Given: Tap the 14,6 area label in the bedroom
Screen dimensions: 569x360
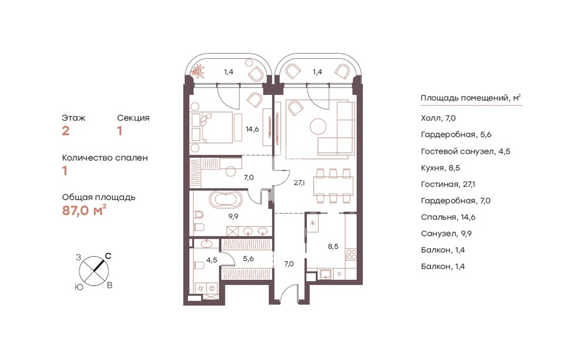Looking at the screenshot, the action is pyautogui.click(x=252, y=129).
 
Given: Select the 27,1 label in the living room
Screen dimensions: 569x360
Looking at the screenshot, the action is pyautogui.click(x=299, y=183).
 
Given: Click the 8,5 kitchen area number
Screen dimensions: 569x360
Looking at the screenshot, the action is pyautogui.click(x=333, y=246).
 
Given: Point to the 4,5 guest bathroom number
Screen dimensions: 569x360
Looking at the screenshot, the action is pyautogui.click(x=212, y=260).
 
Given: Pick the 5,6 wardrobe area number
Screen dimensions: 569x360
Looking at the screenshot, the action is pyautogui.click(x=248, y=259).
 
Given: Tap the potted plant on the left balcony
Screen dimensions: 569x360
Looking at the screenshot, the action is pyautogui.click(x=198, y=71).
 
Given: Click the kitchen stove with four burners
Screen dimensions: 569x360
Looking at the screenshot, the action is pyautogui.click(x=351, y=254).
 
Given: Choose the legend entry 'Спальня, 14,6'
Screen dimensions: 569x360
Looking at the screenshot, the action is pyautogui.click(x=448, y=217).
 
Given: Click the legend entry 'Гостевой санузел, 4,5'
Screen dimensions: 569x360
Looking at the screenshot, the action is pyautogui.click(x=465, y=151).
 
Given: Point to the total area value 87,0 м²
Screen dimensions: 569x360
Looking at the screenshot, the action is pyautogui.click(x=84, y=210).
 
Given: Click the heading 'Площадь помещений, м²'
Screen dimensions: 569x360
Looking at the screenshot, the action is pyautogui.click(x=471, y=98).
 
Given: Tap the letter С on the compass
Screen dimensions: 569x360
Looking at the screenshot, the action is pyautogui.click(x=108, y=256).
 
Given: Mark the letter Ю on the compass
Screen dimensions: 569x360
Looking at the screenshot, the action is pyautogui.click(x=79, y=287).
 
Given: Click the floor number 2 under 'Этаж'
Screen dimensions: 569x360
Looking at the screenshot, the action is pyautogui.click(x=65, y=131).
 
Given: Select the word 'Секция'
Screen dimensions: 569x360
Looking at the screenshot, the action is pyautogui.click(x=133, y=118).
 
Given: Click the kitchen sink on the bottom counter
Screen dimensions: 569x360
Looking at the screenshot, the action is pyautogui.click(x=326, y=274).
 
